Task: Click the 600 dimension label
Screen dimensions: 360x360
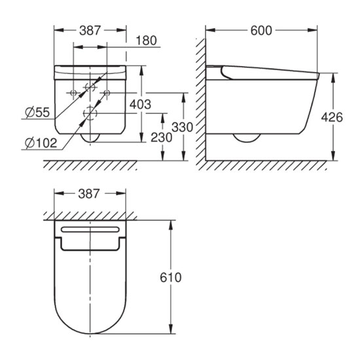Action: (261, 31)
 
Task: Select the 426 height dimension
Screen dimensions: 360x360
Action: (332, 117)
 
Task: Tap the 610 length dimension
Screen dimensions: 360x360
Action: (171, 278)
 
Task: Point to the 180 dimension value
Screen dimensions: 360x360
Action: (146, 41)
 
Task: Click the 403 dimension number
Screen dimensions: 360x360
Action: (140, 105)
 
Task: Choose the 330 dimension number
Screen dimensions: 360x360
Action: (183, 127)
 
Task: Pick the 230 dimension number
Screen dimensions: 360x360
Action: (161, 137)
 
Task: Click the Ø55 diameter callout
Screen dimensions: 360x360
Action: (37, 113)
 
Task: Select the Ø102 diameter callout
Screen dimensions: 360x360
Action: (41, 143)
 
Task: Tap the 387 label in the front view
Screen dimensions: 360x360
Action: (90, 31)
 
